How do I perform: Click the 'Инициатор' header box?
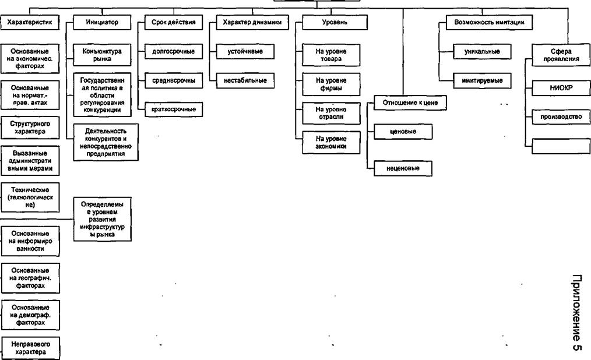point(102,22)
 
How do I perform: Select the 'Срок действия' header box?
point(173,22)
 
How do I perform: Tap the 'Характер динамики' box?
point(252,22)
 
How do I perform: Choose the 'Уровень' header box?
point(335,22)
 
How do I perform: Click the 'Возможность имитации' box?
point(489,22)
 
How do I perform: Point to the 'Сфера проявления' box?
point(561,55)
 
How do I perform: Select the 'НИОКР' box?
point(561,88)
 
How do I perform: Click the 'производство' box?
point(561,117)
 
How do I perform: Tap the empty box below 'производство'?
point(561,146)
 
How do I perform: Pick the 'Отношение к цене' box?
point(410,103)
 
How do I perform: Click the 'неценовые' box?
point(403,168)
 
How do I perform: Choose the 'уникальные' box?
point(482,52)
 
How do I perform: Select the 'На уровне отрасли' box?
point(331,113)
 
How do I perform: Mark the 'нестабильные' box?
point(245,80)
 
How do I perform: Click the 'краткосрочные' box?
point(173,110)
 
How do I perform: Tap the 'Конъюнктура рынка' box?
point(102,55)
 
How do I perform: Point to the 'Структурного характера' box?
point(30,128)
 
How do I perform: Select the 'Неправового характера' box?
point(30,348)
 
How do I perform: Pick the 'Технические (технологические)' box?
point(30,197)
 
